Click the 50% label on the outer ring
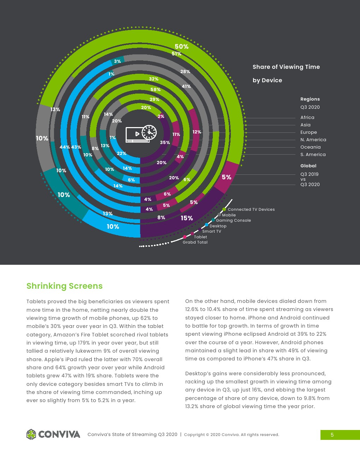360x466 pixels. (x=181, y=47)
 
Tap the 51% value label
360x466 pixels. (x=176, y=54)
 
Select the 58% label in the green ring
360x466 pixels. (x=155, y=90)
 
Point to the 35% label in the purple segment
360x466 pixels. (x=165, y=143)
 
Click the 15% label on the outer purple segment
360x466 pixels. (x=187, y=218)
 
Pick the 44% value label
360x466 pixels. (x=65, y=147)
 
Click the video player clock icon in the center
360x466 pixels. (x=141, y=134)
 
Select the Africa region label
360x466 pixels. (x=307, y=118)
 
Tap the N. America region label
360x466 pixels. (x=313, y=140)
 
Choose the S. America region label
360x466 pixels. (x=313, y=155)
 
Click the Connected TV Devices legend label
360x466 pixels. (x=251, y=209)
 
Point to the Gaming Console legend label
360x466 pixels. (x=233, y=220)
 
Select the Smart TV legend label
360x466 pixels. (x=211, y=231)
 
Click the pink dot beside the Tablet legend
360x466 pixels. (x=192, y=233)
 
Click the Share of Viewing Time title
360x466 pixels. (x=286, y=67)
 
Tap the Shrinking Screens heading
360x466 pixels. (x=65, y=286)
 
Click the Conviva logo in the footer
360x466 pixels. (x=53, y=434)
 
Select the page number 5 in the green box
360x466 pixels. (x=332, y=435)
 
